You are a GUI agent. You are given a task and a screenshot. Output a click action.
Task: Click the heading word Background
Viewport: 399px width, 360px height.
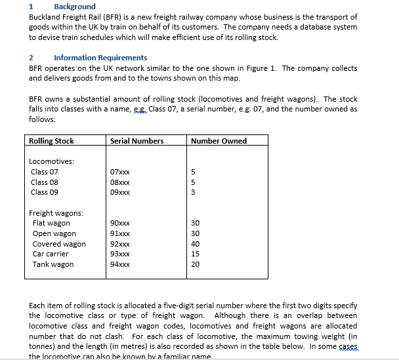[74, 7]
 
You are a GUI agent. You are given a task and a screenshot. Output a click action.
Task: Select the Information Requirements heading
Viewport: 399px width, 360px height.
[100, 58]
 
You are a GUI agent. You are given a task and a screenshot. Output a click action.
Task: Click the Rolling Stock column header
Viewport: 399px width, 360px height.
[51, 141]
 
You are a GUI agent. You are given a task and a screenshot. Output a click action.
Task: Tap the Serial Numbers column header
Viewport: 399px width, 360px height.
[136, 141]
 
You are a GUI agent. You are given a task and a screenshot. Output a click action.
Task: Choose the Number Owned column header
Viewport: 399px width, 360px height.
[219, 141]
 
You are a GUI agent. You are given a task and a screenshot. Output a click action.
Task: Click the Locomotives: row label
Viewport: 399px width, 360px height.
[52, 161]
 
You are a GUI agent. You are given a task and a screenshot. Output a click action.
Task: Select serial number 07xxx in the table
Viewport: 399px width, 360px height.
[120, 172]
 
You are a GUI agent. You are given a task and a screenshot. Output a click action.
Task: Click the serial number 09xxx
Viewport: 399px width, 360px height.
[120, 193]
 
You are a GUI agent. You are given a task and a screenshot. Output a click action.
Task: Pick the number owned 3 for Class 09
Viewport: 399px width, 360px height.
[192, 193]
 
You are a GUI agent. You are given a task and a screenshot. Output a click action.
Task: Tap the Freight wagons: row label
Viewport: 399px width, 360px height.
[56, 213]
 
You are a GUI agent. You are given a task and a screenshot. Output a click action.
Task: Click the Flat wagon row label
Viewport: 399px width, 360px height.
[51, 224]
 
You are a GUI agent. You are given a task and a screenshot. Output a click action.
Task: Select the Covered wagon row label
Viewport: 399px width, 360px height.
[59, 244]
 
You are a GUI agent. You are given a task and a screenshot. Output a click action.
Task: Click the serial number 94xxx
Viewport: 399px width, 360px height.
[120, 265]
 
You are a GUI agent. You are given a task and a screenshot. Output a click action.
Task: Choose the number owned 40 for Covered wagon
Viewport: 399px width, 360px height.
[194, 244]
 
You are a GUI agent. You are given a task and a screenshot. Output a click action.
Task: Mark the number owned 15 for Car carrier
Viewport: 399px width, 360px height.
[194, 254]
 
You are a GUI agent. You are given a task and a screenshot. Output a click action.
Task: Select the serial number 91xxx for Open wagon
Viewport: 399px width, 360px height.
[120, 234]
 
